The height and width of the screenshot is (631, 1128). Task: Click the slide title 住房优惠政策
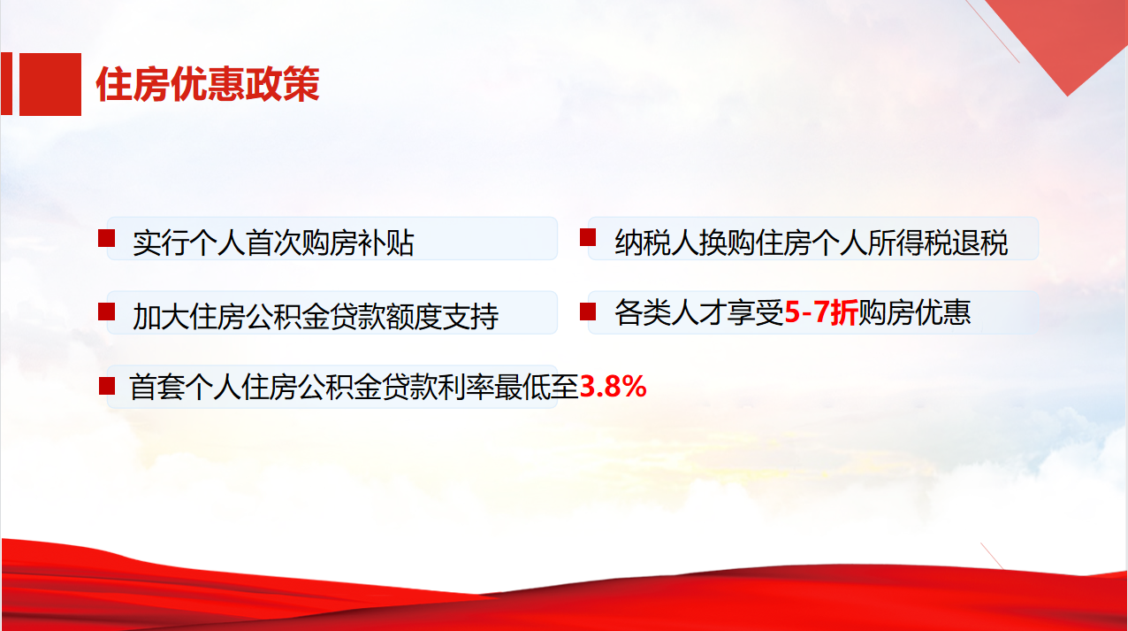tap(208, 84)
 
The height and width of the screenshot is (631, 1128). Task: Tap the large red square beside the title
tap(50, 84)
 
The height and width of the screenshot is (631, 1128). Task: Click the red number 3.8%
tap(613, 387)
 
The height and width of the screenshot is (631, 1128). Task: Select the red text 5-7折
tap(821, 312)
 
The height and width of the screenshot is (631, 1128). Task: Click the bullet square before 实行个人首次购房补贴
tap(106, 238)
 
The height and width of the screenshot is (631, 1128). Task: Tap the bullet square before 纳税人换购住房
tap(588, 237)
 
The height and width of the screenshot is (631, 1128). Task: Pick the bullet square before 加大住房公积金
tap(106, 312)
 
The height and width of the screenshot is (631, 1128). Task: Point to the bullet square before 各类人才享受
tap(588, 312)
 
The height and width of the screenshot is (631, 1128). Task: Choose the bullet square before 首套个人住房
tap(107, 386)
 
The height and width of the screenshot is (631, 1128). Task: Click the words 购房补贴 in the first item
tap(357, 242)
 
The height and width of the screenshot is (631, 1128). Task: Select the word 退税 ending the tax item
tap(980, 242)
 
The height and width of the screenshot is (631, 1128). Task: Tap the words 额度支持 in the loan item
tap(442, 317)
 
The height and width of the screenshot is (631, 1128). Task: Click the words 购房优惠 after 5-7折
tap(914, 312)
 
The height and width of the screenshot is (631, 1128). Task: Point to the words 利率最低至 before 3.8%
tap(508, 387)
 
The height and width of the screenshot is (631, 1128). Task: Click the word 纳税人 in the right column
tap(657, 242)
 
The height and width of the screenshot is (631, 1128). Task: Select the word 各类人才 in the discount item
tap(671, 312)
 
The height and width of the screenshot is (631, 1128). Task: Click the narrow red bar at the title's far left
tap(6, 84)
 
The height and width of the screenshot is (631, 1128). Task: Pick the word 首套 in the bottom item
tap(157, 387)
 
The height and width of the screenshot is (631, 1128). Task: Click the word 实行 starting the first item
tap(161, 242)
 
